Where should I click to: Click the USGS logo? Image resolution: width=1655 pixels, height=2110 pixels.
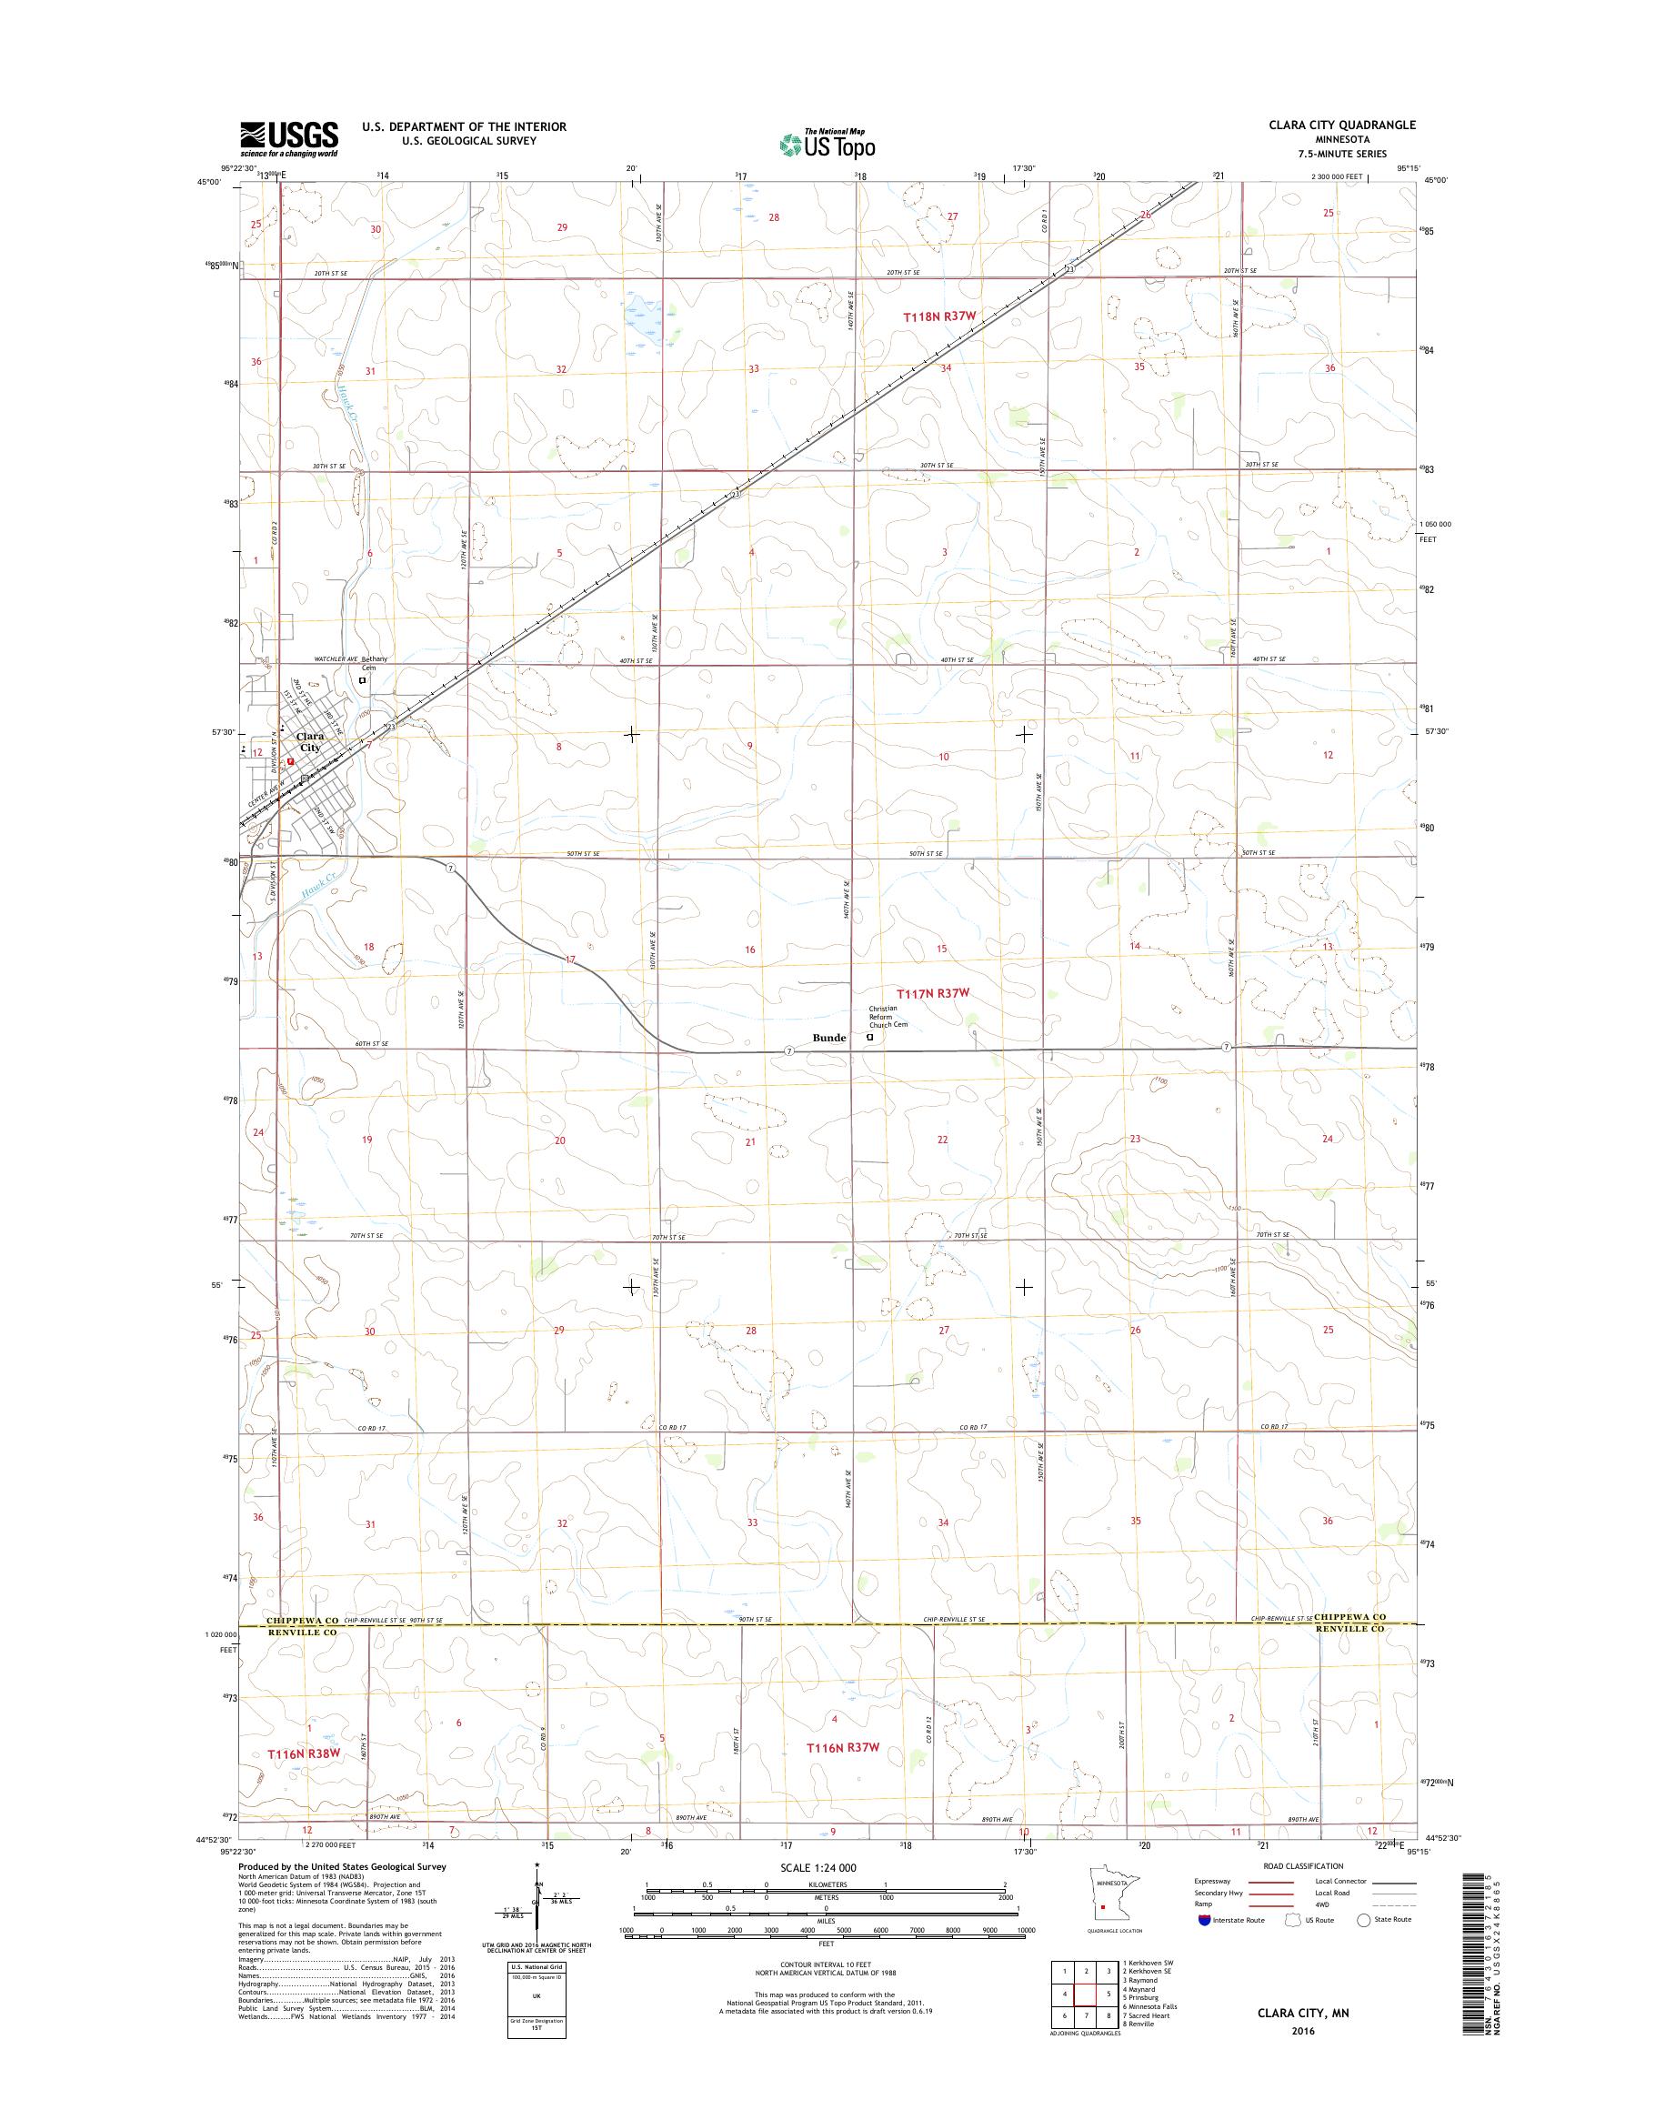(289, 138)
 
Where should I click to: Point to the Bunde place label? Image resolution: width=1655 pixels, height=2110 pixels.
(829, 1038)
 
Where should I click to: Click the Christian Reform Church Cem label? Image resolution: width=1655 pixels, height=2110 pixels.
(888, 1017)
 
